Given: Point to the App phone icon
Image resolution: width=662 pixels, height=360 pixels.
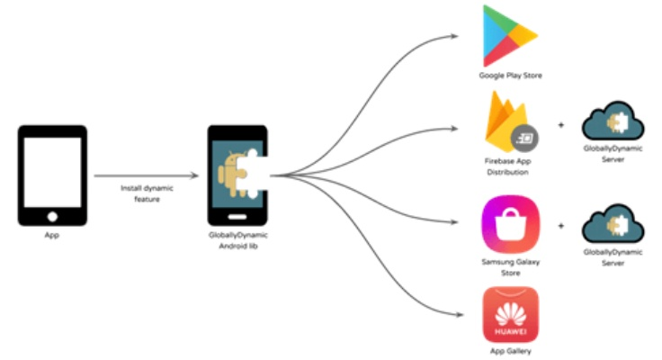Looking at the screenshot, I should point(52,175).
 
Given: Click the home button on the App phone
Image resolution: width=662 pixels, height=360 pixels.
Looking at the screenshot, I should point(52,215).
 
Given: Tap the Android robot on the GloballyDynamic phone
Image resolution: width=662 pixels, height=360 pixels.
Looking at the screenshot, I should point(231,174).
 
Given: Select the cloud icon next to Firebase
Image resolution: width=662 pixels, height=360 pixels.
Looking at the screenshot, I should point(612,125).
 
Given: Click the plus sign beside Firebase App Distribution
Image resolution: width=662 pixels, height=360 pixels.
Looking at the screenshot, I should point(561,125).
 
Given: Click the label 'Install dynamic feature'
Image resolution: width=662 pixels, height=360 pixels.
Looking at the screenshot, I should point(147,193).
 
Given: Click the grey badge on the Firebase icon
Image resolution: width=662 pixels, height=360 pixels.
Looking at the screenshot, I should point(523,138).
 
